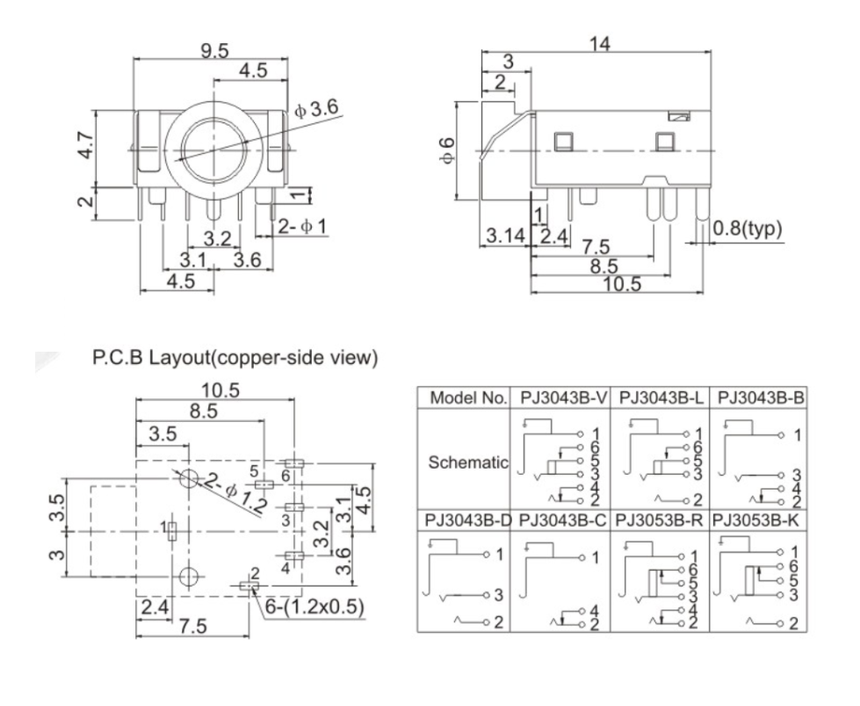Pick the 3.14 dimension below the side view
504,236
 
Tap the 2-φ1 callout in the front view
302,227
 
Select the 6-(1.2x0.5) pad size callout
308,607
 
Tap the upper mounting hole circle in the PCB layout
189,480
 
